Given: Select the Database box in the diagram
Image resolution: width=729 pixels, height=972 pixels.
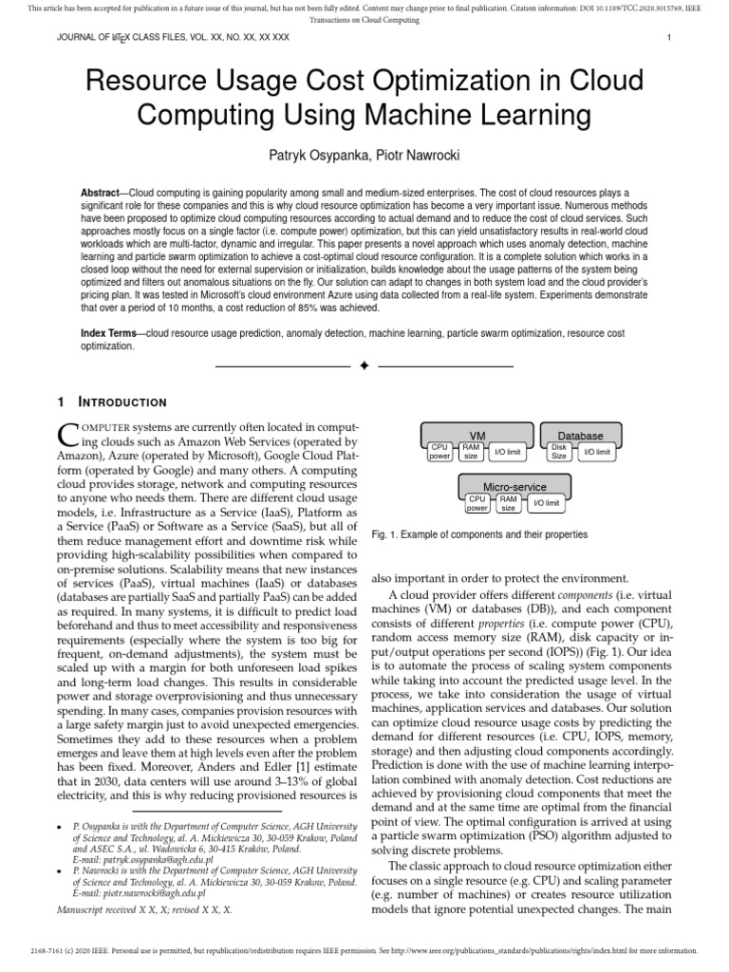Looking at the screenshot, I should click(x=580, y=435).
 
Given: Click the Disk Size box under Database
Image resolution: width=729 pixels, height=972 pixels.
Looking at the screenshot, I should click(x=559, y=451).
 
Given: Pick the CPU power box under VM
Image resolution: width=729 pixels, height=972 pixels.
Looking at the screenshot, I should click(x=439, y=451).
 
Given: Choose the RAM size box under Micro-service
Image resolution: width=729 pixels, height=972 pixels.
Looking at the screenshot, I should click(x=509, y=502).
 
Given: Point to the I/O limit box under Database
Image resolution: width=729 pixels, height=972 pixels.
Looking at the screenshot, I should click(x=597, y=451).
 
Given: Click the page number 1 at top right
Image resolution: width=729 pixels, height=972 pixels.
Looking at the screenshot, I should click(x=669, y=37).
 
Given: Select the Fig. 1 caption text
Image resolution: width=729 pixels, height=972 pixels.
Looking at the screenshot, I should click(x=479, y=534).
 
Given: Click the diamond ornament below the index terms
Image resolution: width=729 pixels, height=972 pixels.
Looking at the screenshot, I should click(x=364, y=365).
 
